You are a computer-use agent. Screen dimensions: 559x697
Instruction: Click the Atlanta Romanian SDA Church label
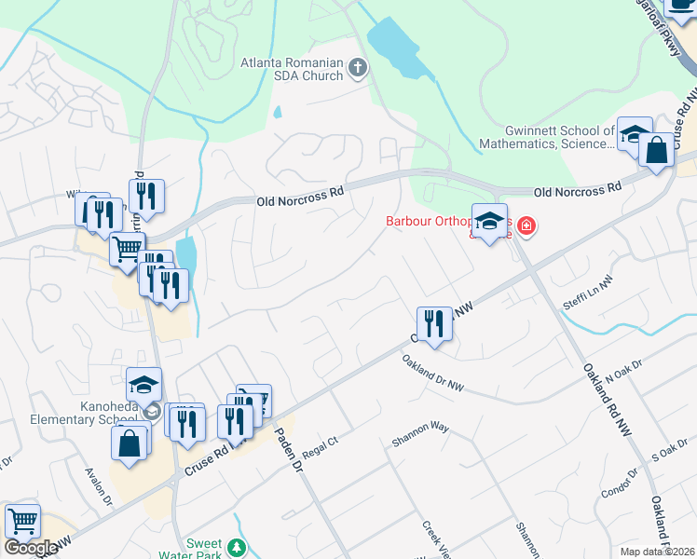[292, 69]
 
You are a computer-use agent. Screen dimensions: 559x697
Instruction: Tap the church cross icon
[358, 67]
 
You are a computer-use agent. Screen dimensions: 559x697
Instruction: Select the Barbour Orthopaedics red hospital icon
[526, 225]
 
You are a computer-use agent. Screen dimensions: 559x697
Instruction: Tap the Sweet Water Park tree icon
[239, 547]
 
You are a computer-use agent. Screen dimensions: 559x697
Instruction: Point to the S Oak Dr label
[668, 455]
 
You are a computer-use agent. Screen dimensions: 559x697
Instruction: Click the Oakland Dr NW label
[433, 372]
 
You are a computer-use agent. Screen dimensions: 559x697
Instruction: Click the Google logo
[31, 548]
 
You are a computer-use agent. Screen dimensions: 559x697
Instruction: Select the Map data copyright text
[658, 552]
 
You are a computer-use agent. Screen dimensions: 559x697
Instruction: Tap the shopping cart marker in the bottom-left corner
[22, 520]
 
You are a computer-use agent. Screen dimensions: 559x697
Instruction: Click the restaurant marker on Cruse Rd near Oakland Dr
[434, 323]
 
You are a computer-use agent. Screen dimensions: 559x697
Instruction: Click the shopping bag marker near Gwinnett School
[656, 149]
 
